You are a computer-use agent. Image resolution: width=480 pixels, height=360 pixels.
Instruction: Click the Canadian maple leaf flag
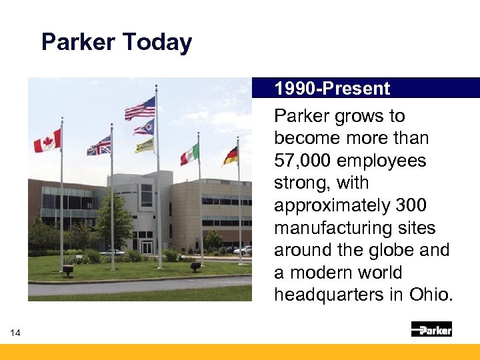47,141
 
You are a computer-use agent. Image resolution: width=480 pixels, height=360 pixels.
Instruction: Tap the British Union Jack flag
99,145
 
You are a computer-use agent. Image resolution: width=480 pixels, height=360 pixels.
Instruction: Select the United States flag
141,108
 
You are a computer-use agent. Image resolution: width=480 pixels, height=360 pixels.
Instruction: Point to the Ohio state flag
144,127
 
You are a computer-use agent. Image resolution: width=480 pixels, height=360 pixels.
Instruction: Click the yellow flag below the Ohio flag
145,145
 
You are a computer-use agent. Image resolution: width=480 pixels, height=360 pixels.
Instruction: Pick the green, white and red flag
189,155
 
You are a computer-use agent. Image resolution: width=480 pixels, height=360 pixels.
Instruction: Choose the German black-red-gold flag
230,155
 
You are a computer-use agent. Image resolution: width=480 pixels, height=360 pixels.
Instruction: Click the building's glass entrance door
146,246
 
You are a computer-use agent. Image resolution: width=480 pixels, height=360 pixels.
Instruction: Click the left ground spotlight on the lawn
67,269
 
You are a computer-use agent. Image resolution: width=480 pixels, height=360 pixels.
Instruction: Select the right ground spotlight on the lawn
195,266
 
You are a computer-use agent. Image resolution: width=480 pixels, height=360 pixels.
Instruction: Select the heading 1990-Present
332,89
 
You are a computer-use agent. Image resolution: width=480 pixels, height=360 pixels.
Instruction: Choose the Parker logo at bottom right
431,329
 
